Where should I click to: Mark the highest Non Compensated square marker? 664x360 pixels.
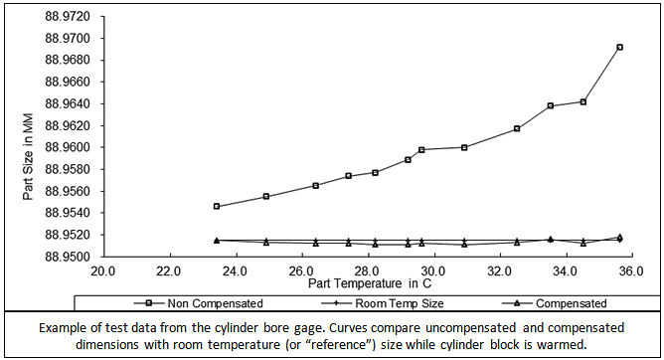[619, 47]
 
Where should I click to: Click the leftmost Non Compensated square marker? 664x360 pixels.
[217, 207]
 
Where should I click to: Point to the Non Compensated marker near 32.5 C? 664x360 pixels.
[517, 128]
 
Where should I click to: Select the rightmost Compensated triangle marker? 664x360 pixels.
[619, 237]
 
